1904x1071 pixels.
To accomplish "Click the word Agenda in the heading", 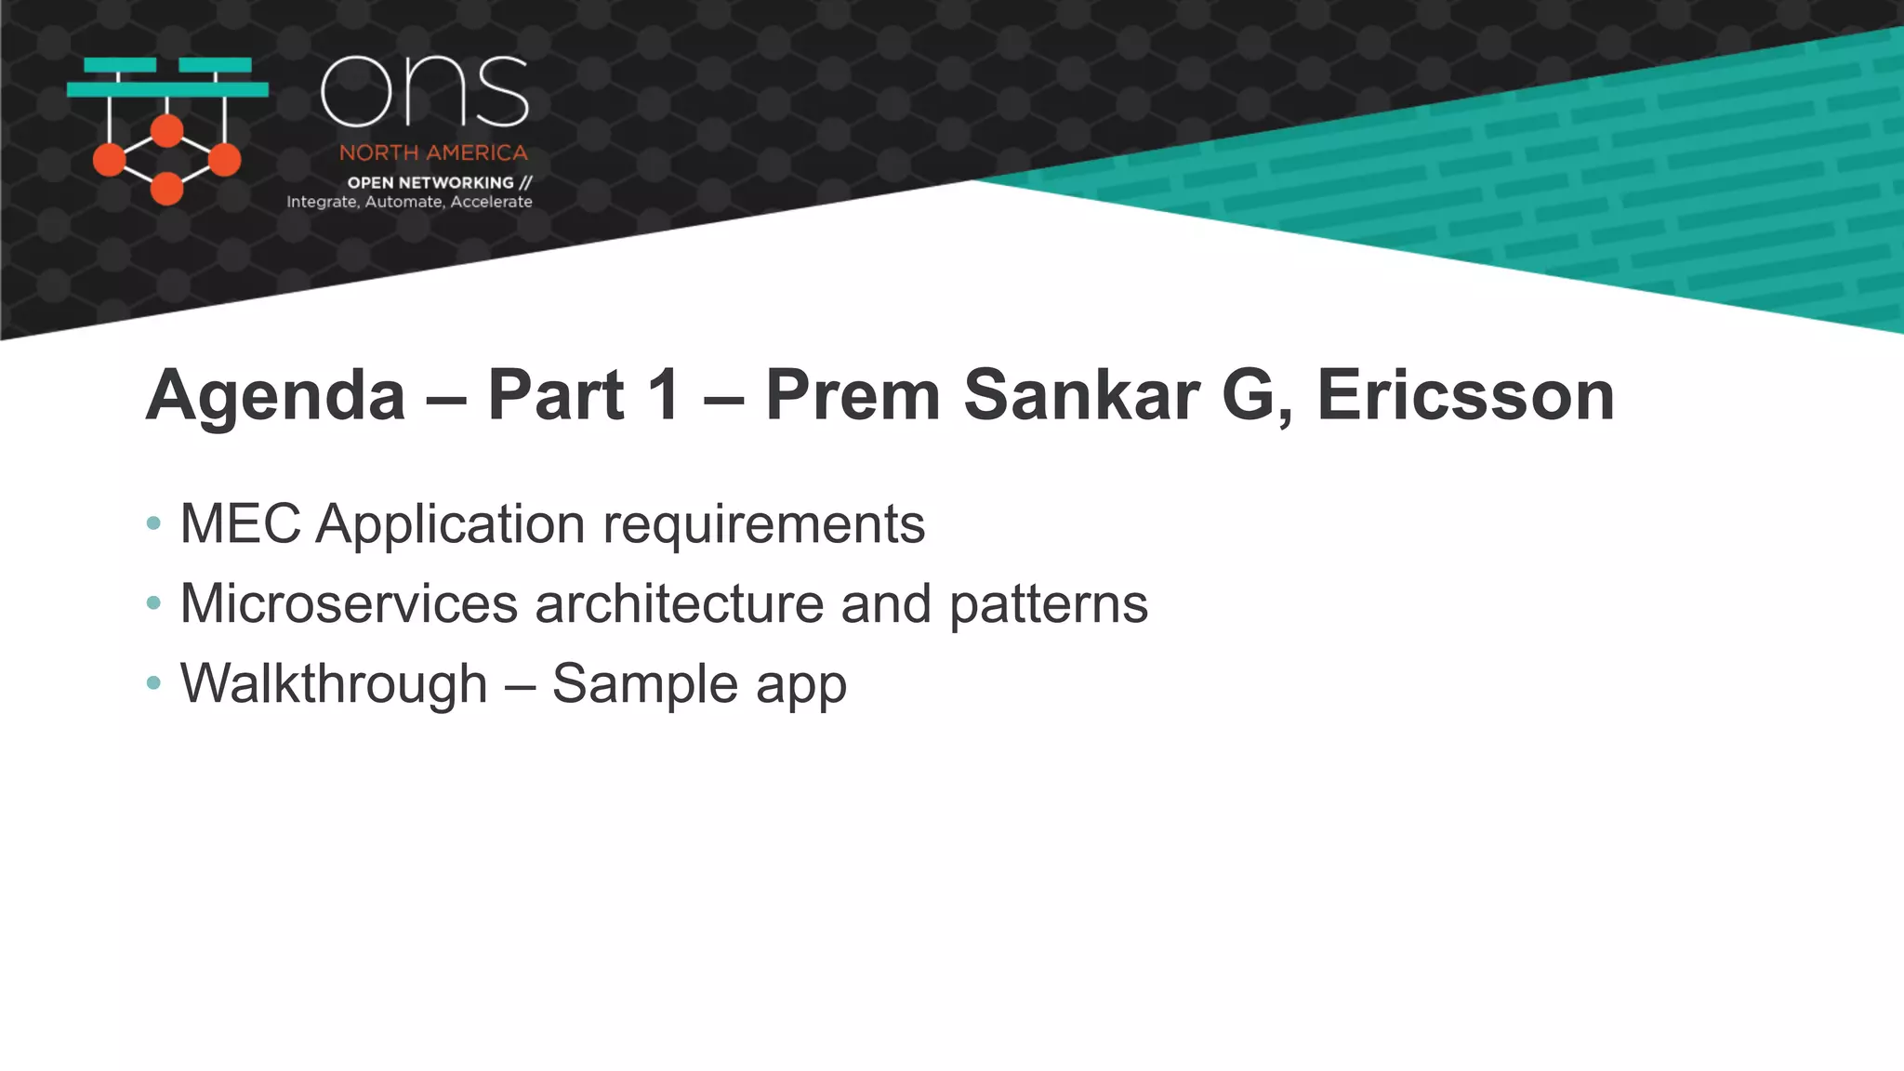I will pyautogui.click(x=275, y=397).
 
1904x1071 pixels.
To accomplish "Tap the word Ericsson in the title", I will pyautogui.click(x=1465, y=395).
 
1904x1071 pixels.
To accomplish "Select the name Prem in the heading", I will pyautogui.click(x=853, y=395).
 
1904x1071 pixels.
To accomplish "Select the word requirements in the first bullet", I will pyautogui.click(x=763, y=525).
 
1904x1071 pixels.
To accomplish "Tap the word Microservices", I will pyautogui.click(x=348, y=603).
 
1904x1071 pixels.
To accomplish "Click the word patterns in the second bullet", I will pyautogui.click(x=1048, y=605).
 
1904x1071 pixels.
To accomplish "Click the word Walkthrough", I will pyautogui.click(x=333, y=683).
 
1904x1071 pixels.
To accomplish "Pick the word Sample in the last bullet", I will pyautogui.click(x=644, y=685).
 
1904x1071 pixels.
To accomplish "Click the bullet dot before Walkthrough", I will pyautogui.click(x=154, y=683).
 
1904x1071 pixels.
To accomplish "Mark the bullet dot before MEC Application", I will pyautogui.click(x=154, y=523).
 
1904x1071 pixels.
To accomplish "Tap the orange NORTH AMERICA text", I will pyautogui.click(x=433, y=152).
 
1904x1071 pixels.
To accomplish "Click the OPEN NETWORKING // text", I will pyautogui.click(x=439, y=182).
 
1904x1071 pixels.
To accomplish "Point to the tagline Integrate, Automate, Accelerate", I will pyautogui.click(x=409, y=202).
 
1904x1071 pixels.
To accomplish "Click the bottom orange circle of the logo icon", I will pyautogui.click(x=167, y=189).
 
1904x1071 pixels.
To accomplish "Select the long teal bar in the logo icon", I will pyautogui.click(x=167, y=89).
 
